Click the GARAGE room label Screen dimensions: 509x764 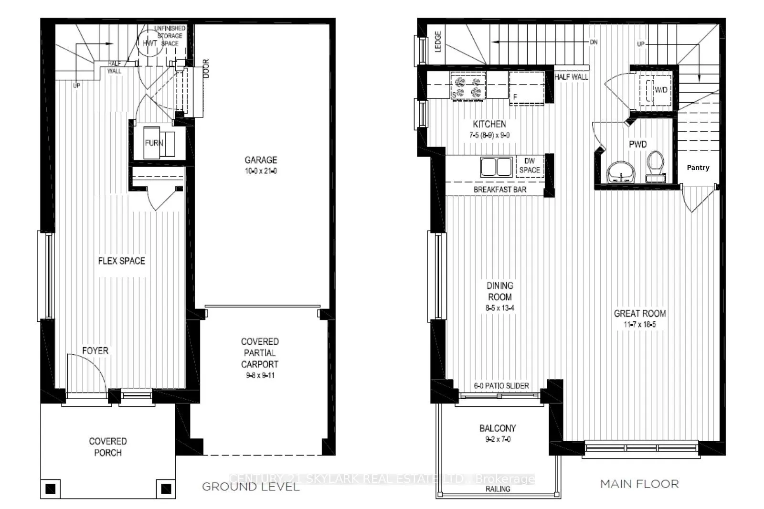261,160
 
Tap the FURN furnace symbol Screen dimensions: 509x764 154,143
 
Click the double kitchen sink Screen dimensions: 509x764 496,167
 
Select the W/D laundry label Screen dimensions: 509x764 661,90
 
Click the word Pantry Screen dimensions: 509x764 698,168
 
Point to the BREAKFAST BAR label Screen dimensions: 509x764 500,190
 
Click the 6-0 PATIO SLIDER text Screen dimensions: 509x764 501,386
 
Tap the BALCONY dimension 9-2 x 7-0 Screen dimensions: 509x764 498,439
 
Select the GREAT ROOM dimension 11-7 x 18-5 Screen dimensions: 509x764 640,325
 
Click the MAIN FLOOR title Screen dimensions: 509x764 639,484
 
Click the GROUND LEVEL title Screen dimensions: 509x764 251,487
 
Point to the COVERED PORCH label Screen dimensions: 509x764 108,447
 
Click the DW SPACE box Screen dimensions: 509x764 530,166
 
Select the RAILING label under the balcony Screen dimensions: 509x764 498,489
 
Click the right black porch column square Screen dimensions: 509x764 166,488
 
